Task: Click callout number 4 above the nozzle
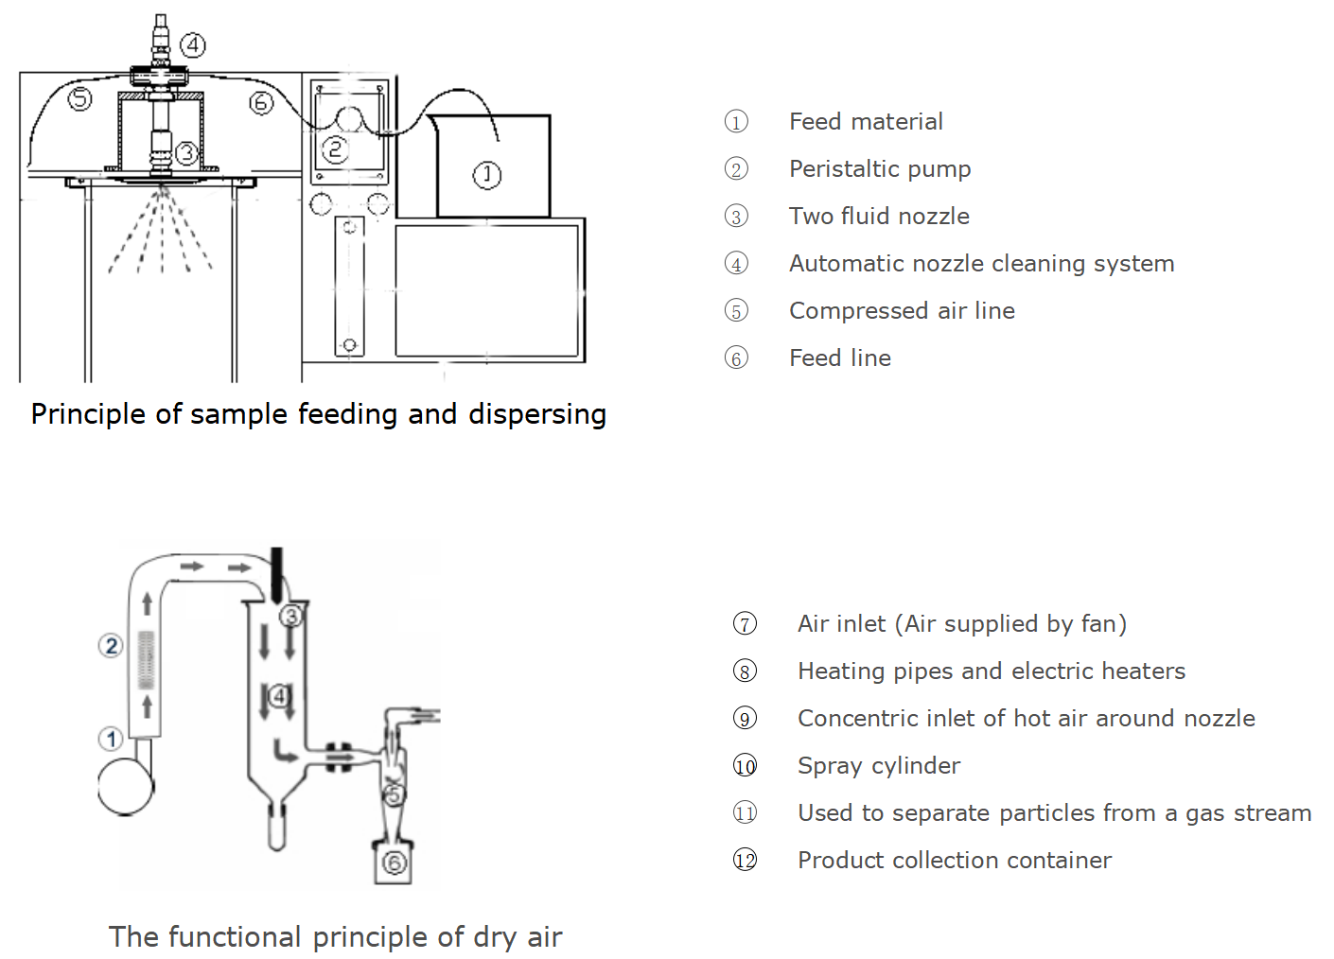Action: pyautogui.click(x=193, y=44)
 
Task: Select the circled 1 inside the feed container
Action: pyautogui.click(x=487, y=174)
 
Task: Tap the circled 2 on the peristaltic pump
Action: pyautogui.click(x=335, y=149)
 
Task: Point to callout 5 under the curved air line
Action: pyautogui.click(x=79, y=97)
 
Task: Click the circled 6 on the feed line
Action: pyautogui.click(x=261, y=102)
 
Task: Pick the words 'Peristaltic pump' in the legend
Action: pyautogui.click(x=880, y=169)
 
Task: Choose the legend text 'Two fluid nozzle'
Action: pyautogui.click(x=879, y=217)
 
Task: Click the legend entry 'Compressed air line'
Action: pyautogui.click(x=902, y=311)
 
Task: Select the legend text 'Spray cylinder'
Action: pyautogui.click(x=879, y=766)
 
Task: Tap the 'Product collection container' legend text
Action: pyautogui.click(x=955, y=861)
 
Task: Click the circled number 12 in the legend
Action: pyautogui.click(x=746, y=861)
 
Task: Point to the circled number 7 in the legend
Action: pyautogui.click(x=746, y=624)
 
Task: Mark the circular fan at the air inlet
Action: pyautogui.click(x=126, y=787)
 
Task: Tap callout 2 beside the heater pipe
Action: pyautogui.click(x=112, y=646)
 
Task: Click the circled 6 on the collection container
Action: pyautogui.click(x=395, y=863)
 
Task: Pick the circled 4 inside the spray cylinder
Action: pyautogui.click(x=278, y=697)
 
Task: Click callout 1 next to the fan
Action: pyautogui.click(x=112, y=739)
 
